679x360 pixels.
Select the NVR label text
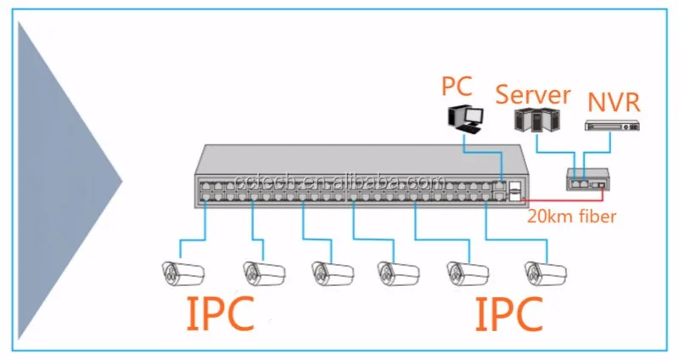(612, 104)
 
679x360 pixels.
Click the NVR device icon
(610, 126)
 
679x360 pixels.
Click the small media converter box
(586, 177)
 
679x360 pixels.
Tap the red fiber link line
(560, 193)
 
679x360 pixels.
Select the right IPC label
(508, 314)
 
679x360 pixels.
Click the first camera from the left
(184, 272)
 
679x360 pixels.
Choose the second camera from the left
(263, 272)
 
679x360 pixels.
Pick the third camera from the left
(332, 272)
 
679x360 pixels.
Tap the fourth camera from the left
(398, 272)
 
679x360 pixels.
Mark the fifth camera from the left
(468, 272)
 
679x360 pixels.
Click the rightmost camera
(545, 272)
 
